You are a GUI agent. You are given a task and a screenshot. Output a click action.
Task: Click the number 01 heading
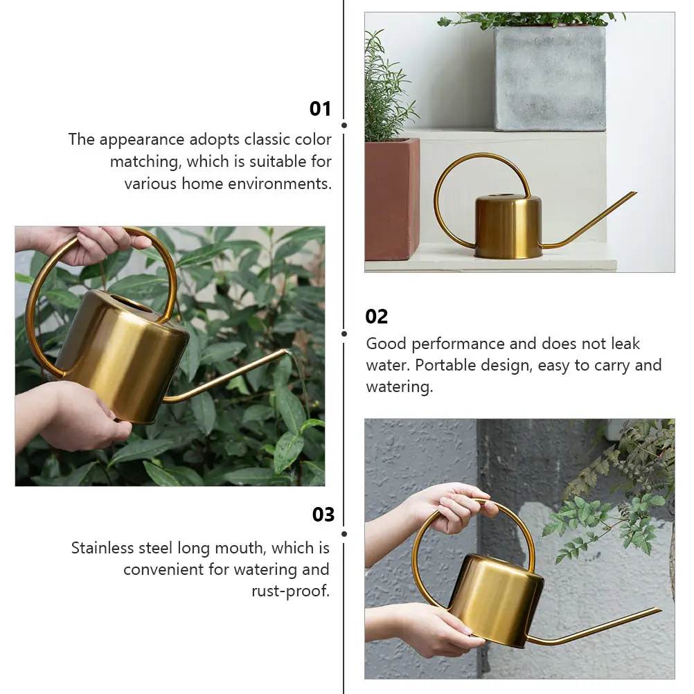click(320, 109)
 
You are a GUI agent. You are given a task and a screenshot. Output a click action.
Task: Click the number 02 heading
click(377, 317)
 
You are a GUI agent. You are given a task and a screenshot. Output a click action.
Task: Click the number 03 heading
click(323, 515)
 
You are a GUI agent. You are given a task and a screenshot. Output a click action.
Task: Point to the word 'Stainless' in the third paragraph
click(102, 549)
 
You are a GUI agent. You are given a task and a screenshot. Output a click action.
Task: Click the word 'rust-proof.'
click(290, 591)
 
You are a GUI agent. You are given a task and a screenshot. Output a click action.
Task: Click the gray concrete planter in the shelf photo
click(550, 78)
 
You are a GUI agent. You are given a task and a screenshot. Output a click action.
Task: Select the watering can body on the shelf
click(508, 227)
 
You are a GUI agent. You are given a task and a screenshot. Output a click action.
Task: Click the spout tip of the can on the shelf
click(634, 193)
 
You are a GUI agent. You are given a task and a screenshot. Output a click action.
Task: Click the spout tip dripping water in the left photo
click(285, 352)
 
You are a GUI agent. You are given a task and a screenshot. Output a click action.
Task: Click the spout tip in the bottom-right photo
click(659, 610)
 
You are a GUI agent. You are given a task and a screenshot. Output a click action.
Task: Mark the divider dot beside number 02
click(344, 333)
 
